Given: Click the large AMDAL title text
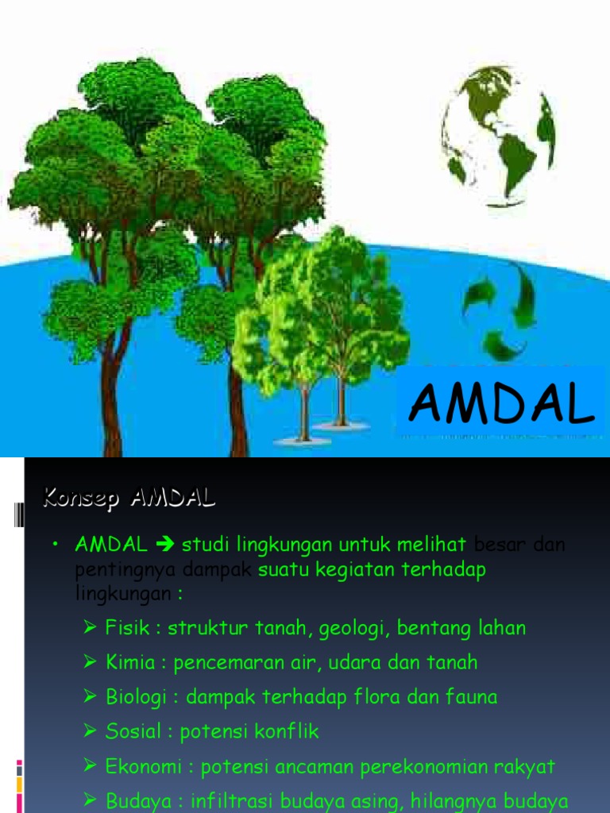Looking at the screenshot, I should click(x=502, y=405).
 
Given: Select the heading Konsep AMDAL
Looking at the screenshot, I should click(x=129, y=499).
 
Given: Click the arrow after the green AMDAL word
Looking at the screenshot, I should click(x=166, y=545).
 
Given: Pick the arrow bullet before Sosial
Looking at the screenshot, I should click(x=90, y=730).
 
